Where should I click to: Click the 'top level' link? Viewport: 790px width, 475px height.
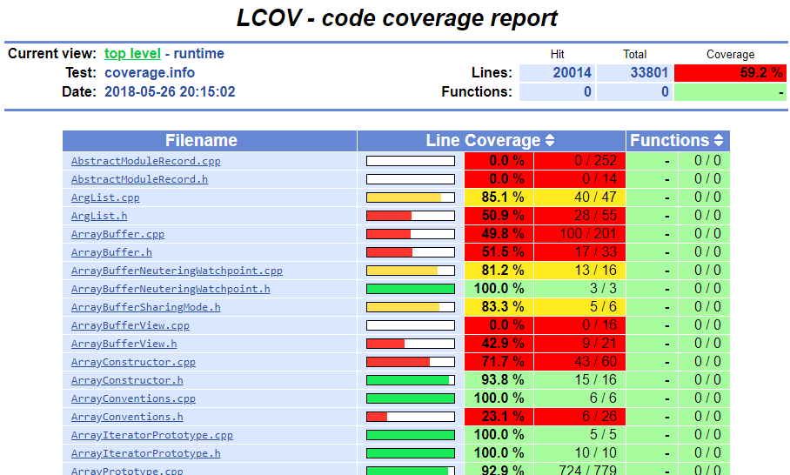click(132, 53)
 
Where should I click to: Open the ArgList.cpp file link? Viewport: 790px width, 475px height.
click(105, 197)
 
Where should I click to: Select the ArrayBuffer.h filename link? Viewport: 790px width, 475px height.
click(111, 252)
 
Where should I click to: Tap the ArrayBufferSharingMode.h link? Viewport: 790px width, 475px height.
click(145, 307)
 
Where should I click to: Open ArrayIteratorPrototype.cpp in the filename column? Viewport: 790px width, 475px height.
click(151, 435)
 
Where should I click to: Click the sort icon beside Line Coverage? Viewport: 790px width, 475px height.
click(550, 141)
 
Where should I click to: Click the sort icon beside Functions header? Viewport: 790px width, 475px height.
click(719, 141)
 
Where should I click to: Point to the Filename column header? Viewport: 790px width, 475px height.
click(201, 141)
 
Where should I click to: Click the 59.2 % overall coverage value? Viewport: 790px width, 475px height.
click(761, 73)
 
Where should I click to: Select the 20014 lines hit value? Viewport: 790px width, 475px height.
click(572, 73)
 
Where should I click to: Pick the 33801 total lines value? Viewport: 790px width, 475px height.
click(649, 73)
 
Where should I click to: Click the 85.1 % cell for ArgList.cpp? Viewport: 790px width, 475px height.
click(503, 197)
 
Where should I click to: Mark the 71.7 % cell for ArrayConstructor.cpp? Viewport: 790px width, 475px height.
click(503, 362)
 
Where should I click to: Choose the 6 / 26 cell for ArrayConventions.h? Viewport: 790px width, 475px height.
click(599, 417)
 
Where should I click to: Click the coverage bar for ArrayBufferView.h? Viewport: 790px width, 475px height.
click(411, 344)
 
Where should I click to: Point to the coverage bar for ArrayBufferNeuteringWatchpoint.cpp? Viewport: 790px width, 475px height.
click(411, 271)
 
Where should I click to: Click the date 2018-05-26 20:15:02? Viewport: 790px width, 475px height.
click(170, 91)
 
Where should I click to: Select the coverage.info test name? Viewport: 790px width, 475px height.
click(150, 73)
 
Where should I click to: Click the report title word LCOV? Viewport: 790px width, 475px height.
click(269, 18)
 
